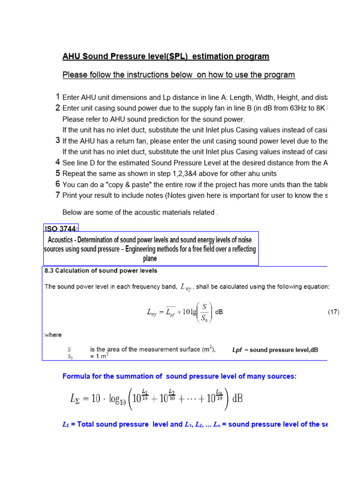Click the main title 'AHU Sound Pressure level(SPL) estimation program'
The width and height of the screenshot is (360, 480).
coord(166,57)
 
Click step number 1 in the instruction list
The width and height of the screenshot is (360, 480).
coord(58,97)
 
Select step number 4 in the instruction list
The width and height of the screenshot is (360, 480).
coord(58,162)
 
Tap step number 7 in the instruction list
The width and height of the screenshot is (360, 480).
coord(58,195)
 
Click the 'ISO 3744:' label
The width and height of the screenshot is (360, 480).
coord(61,228)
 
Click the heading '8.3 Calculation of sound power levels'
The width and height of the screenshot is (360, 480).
coord(101,271)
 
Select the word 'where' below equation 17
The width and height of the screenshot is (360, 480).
coord(53,335)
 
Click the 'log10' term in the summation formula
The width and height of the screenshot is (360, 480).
coord(108,400)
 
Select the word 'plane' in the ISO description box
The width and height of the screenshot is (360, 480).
coord(150,258)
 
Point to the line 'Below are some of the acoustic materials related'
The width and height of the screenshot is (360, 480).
coord(140,212)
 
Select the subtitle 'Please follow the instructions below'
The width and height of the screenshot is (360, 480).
coord(179,75)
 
